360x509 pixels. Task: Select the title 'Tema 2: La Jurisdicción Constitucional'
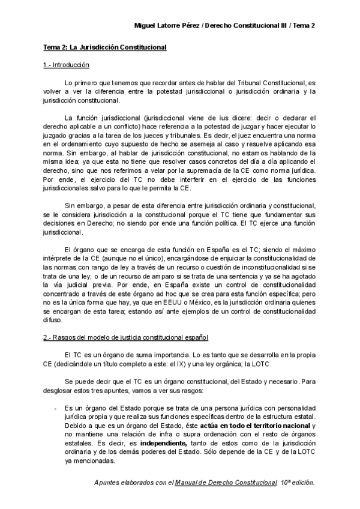tap(105, 47)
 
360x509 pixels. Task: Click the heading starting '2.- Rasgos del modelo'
tap(126, 338)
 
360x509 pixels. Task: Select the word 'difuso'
tap(53, 320)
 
